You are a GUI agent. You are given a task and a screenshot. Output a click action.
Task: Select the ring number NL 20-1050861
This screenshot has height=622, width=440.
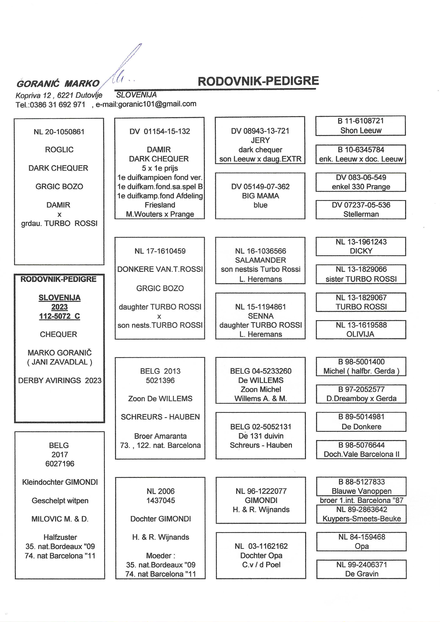(59, 132)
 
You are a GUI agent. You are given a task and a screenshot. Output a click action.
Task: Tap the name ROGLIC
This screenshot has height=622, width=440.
(59, 149)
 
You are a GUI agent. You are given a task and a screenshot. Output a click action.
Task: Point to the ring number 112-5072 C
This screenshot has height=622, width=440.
(59, 316)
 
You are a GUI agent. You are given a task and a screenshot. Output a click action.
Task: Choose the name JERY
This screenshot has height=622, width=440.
(260, 140)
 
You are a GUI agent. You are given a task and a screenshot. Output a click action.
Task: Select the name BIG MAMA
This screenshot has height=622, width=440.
(260, 196)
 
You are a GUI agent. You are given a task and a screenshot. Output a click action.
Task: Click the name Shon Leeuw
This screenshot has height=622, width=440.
(361, 130)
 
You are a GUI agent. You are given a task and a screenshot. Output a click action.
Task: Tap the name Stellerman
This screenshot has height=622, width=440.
(361, 214)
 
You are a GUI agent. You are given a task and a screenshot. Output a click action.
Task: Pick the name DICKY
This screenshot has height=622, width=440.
(361, 251)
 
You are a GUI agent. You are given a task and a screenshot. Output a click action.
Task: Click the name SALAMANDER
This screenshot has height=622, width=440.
(260, 260)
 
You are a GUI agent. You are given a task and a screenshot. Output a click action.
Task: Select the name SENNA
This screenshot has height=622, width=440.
(260, 316)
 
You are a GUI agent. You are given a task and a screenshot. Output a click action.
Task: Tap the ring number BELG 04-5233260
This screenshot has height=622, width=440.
(260, 371)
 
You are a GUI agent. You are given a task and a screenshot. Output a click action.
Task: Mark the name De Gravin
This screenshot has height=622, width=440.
(362, 574)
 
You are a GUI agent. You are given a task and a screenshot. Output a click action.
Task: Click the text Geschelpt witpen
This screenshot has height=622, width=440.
(60, 501)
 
